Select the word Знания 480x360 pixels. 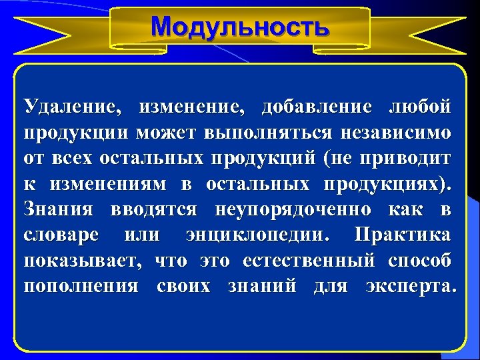[55, 210]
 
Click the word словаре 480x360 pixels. [61, 235]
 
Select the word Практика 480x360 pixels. [403, 235]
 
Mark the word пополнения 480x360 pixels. [81, 287]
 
